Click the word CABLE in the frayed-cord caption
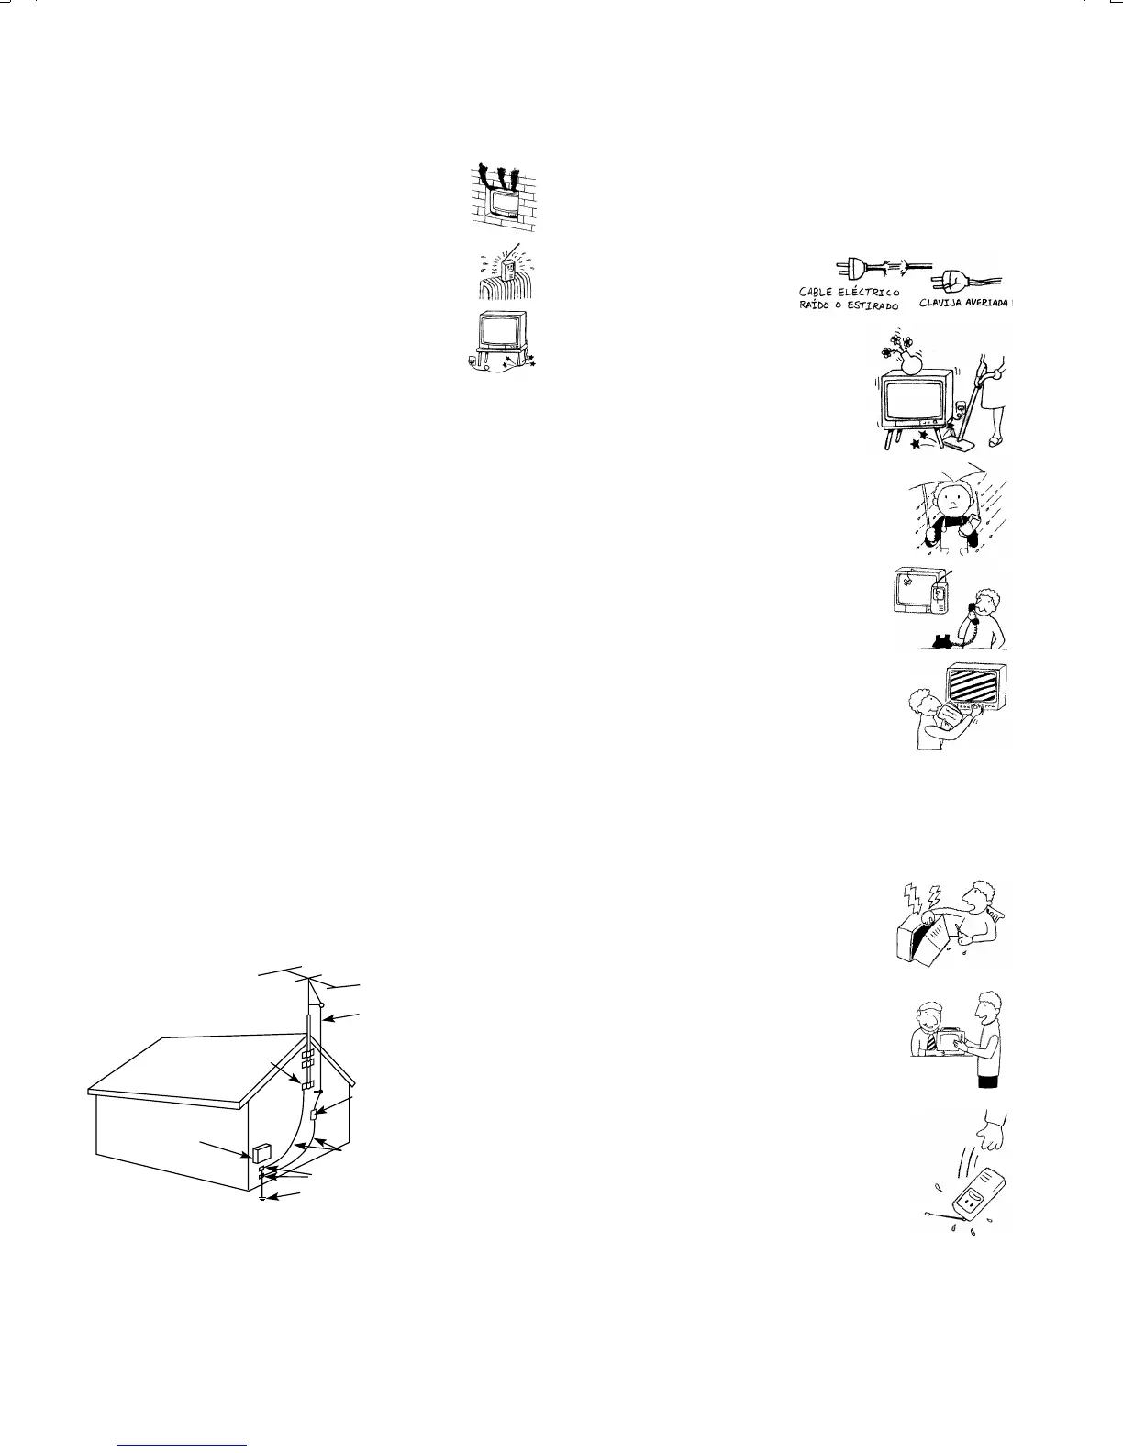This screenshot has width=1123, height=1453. click(x=817, y=293)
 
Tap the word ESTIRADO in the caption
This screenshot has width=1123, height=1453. click(x=867, y=305)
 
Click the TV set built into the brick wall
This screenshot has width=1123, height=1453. click(x=502, y=202)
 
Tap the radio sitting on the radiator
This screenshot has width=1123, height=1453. click(x=505, y=271)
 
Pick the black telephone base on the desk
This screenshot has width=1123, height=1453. click(x=941, y=641)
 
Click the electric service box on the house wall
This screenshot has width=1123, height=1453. click(x=261, y=1153)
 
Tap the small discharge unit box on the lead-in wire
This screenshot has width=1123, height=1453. click(x=314, y=1114)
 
